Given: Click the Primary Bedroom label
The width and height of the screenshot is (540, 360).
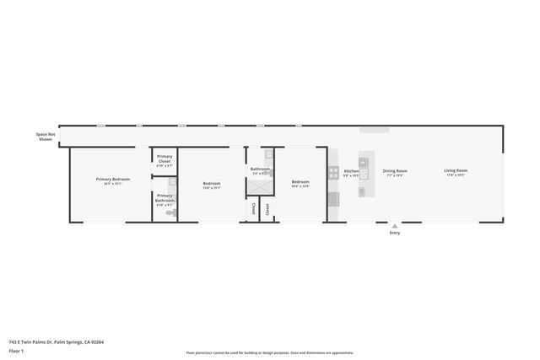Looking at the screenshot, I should [112, 179].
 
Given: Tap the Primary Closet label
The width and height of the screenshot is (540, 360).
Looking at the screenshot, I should [165, 159].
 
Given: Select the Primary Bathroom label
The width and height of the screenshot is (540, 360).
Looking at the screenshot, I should [165, 198].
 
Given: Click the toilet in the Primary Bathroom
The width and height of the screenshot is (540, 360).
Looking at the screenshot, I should [170, 213].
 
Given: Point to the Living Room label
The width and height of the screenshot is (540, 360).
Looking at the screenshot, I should [456, 171].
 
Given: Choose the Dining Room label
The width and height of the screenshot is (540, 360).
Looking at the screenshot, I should [395, 171].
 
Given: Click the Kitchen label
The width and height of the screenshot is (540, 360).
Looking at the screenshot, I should [351, 171].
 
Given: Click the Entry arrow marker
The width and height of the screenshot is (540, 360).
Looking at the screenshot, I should [394, 226].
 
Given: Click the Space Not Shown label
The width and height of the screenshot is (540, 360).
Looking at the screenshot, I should [46, 137].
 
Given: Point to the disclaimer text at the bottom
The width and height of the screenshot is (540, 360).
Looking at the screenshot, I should [270, 352].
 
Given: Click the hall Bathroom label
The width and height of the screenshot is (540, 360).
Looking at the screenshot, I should [259, 169].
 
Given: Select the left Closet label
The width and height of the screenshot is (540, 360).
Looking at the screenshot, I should [252, 208].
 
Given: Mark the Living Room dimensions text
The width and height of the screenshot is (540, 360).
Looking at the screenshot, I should [456, 175].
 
